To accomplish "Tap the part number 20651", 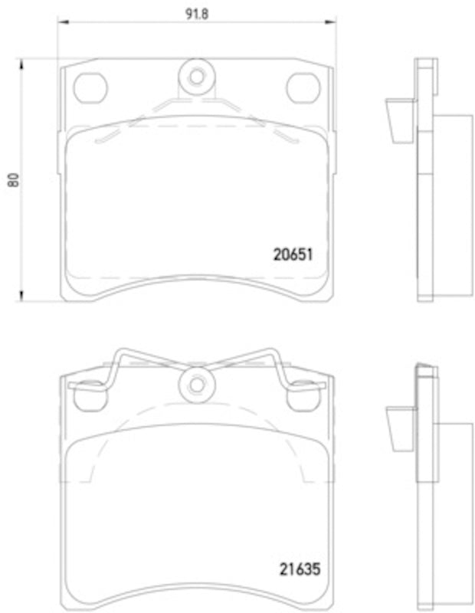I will pyautogui.click(x=294, y=253).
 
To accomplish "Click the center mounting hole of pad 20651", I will pyautogui.click(x=195, y=77).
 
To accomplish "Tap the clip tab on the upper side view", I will pyautogui.click(x=399, y=122).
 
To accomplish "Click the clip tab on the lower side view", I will pyautogui.click(x=399, y=430).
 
